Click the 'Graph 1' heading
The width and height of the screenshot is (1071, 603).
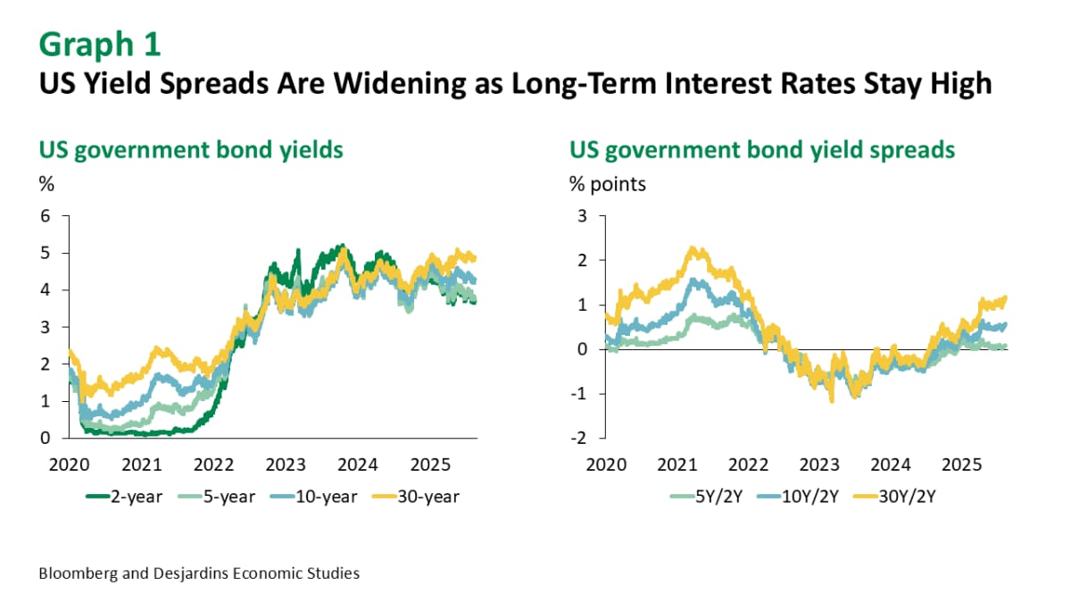101,43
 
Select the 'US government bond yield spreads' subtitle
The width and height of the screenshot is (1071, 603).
762,149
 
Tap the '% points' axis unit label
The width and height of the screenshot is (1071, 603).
608,185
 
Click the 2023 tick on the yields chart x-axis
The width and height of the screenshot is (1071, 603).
287,465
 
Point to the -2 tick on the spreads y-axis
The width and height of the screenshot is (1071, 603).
581,439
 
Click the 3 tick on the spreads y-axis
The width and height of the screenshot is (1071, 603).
582,216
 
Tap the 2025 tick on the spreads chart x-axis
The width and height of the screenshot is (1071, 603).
962,465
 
